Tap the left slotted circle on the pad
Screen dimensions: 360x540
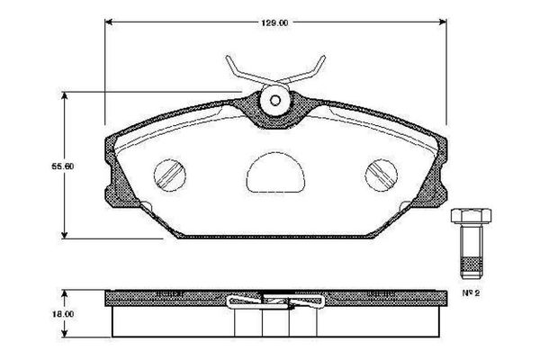pyautogui.click(x=170, y=175)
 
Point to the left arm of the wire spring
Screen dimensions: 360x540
pyautogui.click(x=237, y=71)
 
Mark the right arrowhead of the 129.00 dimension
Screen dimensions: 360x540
pyautogui.click(x=445, y=21)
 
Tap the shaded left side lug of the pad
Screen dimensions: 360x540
pyautogui.click(x=113, y=176)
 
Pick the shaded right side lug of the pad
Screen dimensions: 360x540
pyautogui.click(x=440, y=176)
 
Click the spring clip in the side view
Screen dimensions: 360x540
pyautogui.click(x=274, y=301)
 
